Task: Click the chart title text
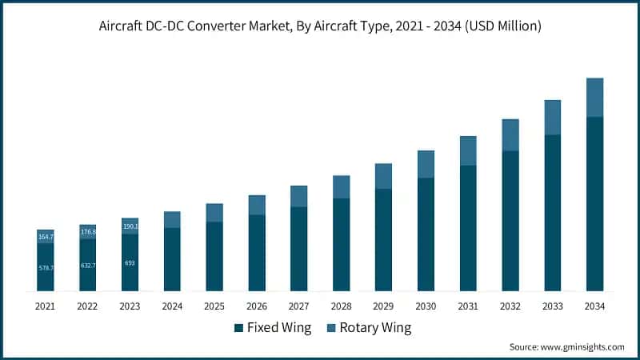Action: click(x=320, y=26)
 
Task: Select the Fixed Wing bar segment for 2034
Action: click(x=594, y=203)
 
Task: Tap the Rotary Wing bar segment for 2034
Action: click(x=594, y=98)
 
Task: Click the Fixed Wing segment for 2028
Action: click(x=342, y=244)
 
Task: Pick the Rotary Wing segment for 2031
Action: click(x=468, y=150)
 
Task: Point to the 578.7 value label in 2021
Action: click(x=46, y=267)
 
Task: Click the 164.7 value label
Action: click(x=46, y=237)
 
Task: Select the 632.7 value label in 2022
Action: click(x=88, y=265)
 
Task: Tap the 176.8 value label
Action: click(x=88, y=232)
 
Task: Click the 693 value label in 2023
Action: click(x=130, y=262)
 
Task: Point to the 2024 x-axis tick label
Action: click(x=172, y=306)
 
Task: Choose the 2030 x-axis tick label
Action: click(x=426, y=306)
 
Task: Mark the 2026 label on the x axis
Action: click(x=257, y=306)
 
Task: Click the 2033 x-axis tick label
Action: click(x=552, y=306)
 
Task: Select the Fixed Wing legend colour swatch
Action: click(x=238, y=328)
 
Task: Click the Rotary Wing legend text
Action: click(x=375, y=328)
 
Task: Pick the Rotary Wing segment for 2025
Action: click(x=214, y=212)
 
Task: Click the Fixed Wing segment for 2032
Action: click(x=510, y=220)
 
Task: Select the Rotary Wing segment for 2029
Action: click(x=383, y=176)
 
